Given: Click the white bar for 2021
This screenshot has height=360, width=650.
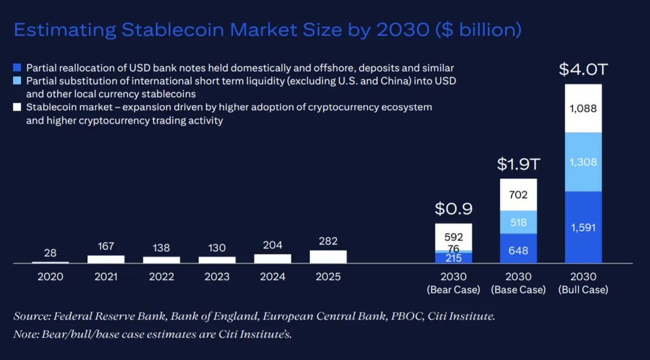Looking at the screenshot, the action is [x=106, y=259].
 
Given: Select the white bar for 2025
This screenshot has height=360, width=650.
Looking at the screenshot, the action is [x=328, y=257].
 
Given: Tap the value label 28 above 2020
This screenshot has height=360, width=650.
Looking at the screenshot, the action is [x=50, y=253].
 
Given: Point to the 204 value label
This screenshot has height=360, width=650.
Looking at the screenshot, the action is [x=272, y=245].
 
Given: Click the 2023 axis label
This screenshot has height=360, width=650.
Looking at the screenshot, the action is [x=217, y=277].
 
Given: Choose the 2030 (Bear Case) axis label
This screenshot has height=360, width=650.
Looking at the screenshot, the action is [x=453, y=283].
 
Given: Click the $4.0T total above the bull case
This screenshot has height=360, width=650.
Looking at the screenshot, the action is [x=583, y=69].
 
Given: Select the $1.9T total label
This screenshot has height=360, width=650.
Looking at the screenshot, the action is [x=518, y=164].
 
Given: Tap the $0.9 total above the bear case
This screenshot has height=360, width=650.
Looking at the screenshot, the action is [x=453, y=209].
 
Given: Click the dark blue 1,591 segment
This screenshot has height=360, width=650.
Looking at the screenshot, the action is [x=583, y=227].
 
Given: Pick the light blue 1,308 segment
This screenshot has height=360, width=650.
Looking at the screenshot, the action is [x=583, y=162].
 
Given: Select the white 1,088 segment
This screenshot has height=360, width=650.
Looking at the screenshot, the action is [x=583, y=109].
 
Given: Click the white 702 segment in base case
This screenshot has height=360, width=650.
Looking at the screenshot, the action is [x=518, y=194].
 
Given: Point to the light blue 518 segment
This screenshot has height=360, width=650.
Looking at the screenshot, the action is [x=518, y=222].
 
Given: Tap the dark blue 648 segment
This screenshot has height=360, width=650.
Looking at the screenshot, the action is [x=518, y=249].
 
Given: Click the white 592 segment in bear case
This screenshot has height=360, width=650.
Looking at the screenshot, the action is [x=453, y=237].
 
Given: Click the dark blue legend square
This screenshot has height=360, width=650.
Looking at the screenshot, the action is [x=17, y=67].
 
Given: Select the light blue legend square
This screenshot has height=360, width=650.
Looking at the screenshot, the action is [x=17, y=81].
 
